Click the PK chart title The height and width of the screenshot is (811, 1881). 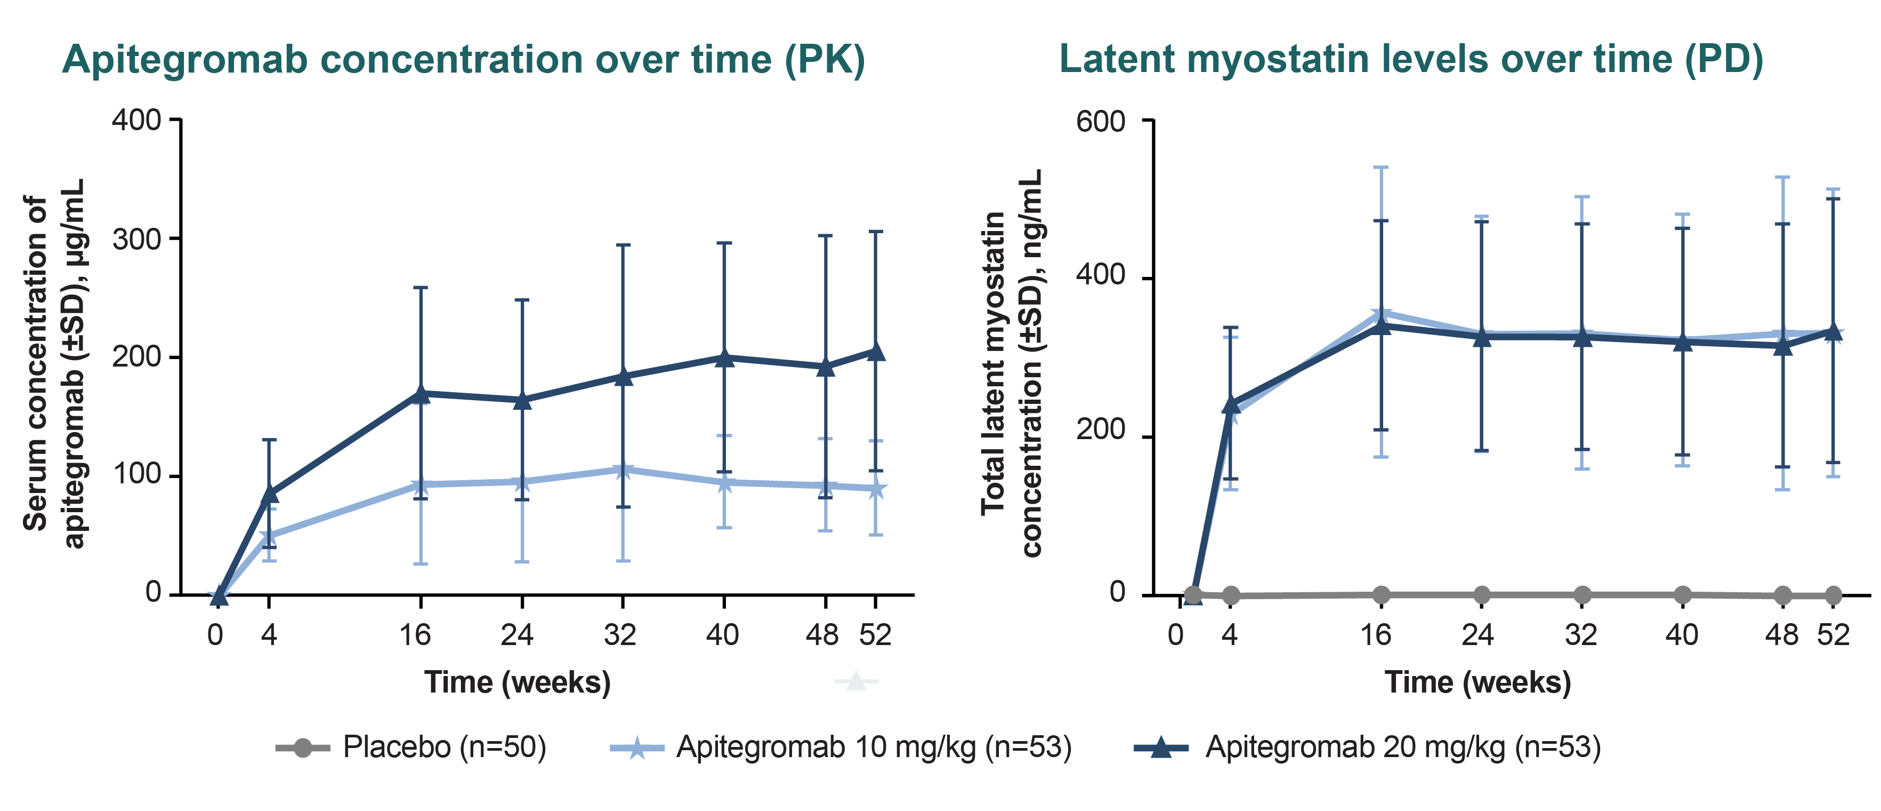tap(463, 60)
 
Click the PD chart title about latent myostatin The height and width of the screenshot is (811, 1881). tap(1411, 60)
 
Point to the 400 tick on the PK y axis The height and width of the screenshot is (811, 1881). tap(136, 120)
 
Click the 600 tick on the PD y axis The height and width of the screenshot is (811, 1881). tap(1101, 121)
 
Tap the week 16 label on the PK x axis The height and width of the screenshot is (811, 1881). tap(415, 635)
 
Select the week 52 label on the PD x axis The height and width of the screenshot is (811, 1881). tap(1833, 635)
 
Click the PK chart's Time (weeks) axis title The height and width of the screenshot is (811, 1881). tap(517, 682)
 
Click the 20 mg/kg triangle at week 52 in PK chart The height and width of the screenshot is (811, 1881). tap(876, 352)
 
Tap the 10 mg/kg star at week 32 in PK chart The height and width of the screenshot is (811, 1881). tap(623, 471)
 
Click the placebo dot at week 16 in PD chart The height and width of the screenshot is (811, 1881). tap(1381, 595)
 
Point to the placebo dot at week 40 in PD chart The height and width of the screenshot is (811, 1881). tap(1682, 595)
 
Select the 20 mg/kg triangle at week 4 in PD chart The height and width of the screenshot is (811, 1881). tap(1230, 404)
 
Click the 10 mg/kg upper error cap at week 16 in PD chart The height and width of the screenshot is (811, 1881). tap(1381, 168)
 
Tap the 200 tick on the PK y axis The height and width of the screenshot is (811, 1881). tap(136, 357)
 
